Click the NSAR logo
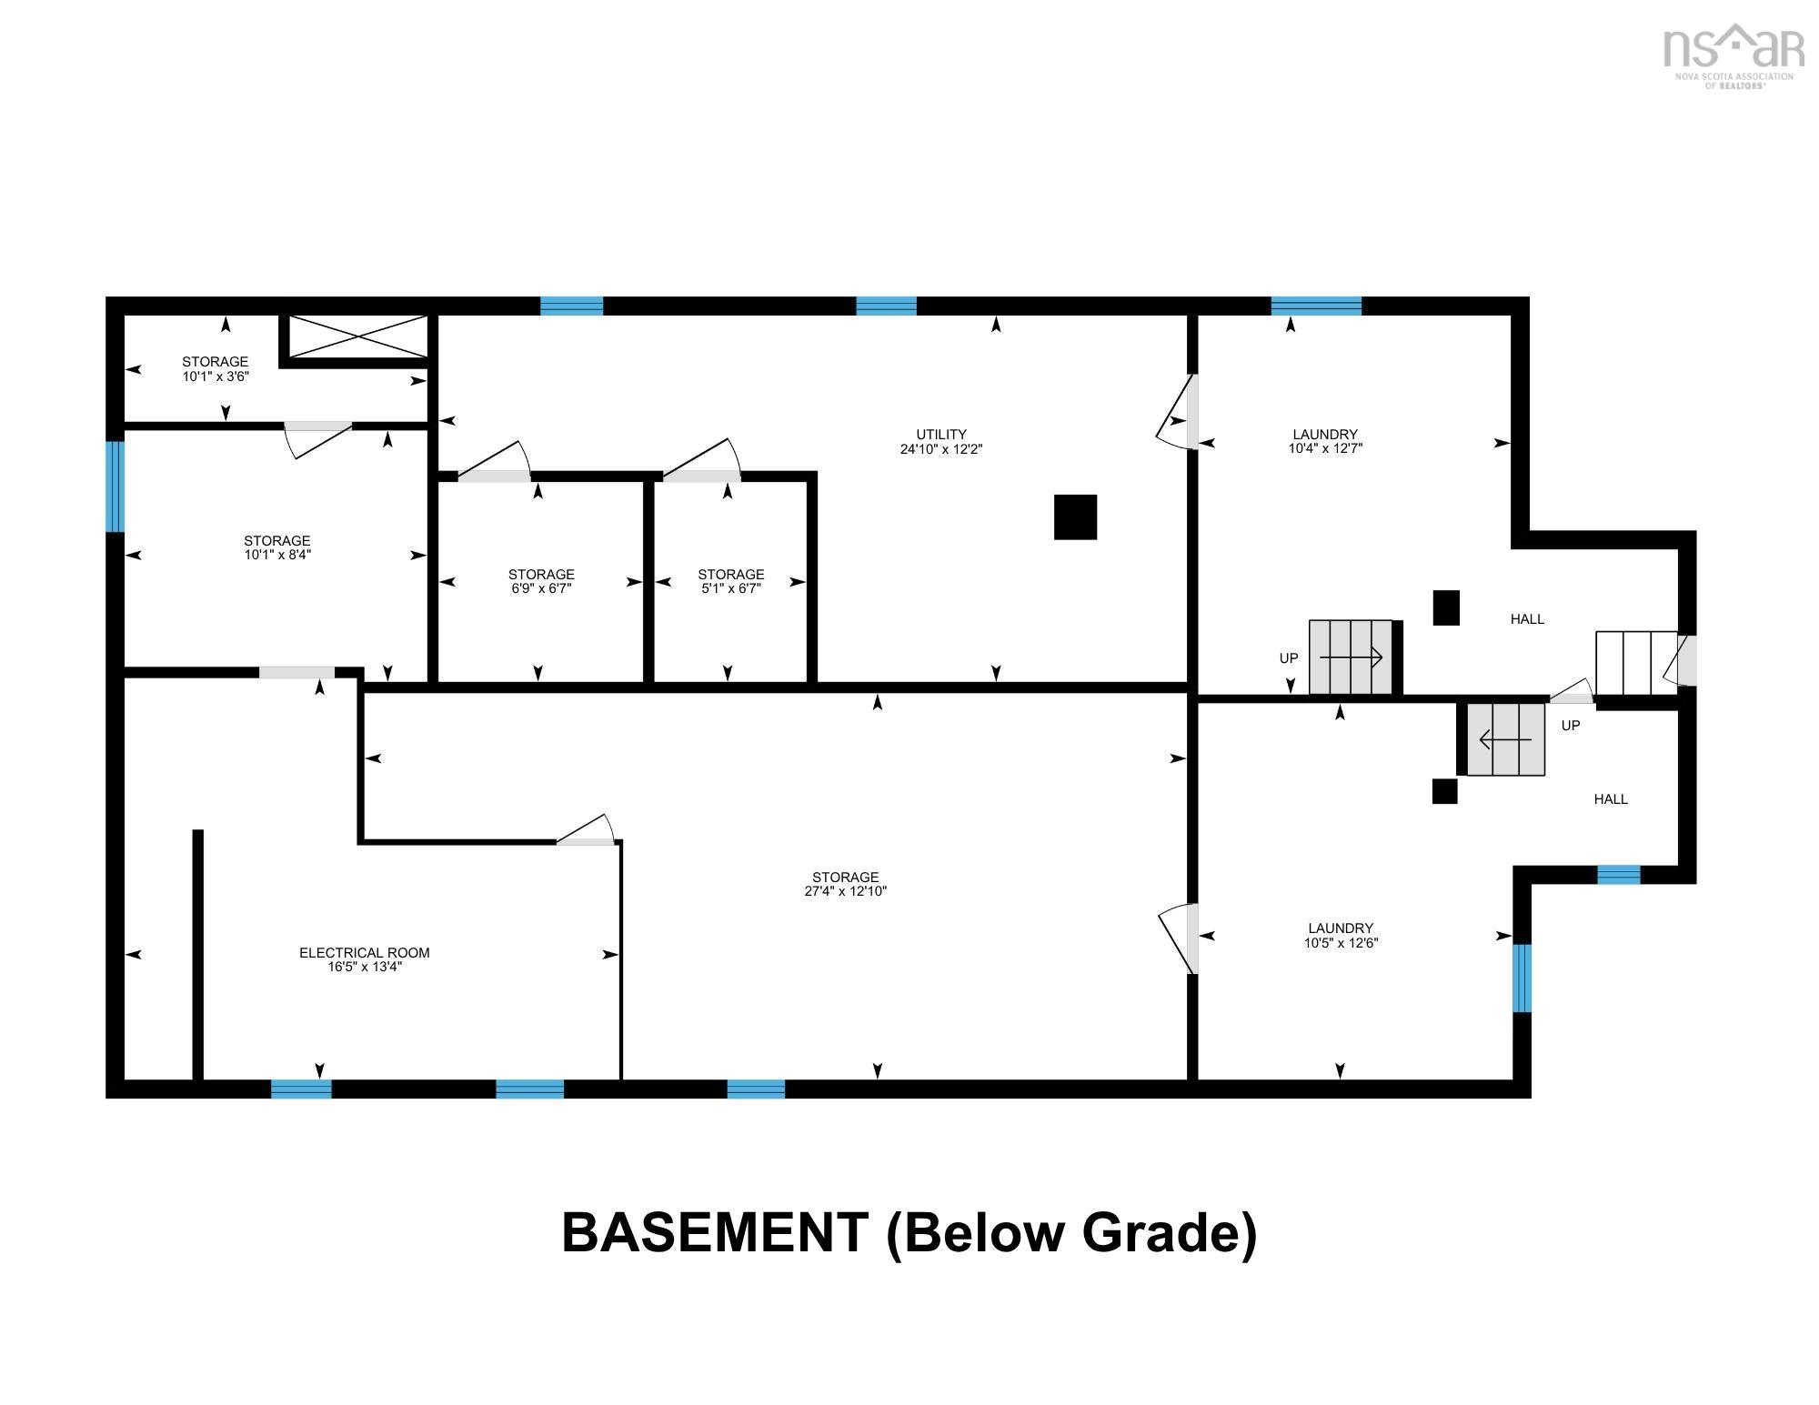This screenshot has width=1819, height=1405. pos(1734,55)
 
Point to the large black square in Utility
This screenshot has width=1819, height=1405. pos(1075,517)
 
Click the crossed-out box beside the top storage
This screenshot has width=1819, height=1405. pos(358,336)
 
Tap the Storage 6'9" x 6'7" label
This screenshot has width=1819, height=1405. pos(541,581)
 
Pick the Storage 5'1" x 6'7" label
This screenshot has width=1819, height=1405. pos(731,581)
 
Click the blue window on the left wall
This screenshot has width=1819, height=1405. pos(115,487)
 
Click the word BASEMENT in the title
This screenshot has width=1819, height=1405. pos(715,1233)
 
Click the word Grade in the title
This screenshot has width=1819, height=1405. pos(1160,1233)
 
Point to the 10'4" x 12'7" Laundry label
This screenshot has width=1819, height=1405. pos(1325,441)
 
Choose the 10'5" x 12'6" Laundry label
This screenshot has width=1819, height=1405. pos(1341,936)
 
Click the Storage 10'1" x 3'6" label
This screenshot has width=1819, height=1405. pos(216,368)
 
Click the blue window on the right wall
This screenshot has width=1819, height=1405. pos(1522,978)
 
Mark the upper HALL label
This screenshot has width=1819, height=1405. pos(1528,619)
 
